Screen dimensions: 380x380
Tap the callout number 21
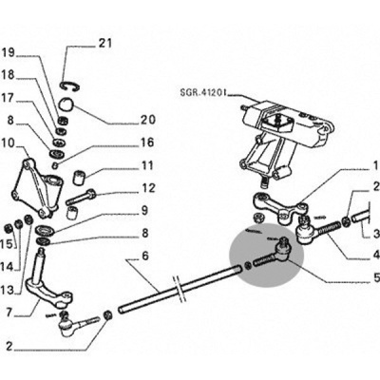105,43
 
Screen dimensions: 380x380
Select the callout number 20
148,120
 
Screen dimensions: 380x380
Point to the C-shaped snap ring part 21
70,86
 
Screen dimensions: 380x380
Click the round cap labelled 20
66,104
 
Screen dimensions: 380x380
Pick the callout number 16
146,142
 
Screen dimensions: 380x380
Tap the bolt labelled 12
81,196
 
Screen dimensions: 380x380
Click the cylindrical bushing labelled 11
79,177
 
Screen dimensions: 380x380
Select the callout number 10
8,143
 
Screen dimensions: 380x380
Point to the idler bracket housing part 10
37,188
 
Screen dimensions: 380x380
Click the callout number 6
145,256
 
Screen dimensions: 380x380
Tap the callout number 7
9,313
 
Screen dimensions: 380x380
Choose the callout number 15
9,244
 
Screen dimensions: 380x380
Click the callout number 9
144,210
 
